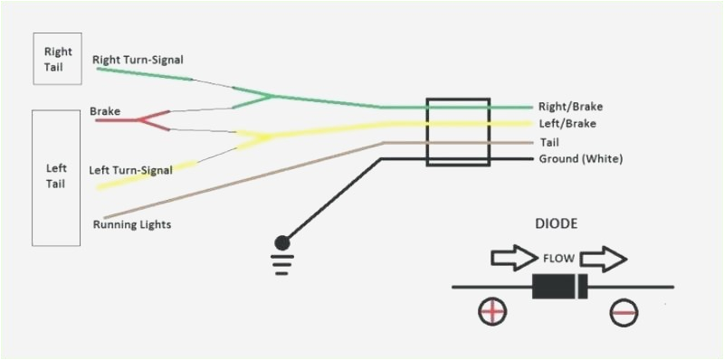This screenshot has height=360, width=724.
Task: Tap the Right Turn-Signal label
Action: click(x=138, y=60)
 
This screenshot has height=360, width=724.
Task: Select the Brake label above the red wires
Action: click(x=105, y=111)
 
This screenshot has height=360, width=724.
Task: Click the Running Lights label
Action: click(x=132, y=223)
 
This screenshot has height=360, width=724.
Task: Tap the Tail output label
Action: click(x=549, y=142)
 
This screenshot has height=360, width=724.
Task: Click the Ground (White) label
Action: click(x=581, y=159)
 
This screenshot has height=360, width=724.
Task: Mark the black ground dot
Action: click(x=282, y=242)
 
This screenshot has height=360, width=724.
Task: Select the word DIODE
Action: click(x=556, y=223)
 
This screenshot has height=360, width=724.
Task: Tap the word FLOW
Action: click(x=557, y=257)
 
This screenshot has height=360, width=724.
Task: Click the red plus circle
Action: click(x=492, y=312)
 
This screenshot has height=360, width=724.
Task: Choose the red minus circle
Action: click(x=624, y=312)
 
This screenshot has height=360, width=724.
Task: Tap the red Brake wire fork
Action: click(x=154, y=119)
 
